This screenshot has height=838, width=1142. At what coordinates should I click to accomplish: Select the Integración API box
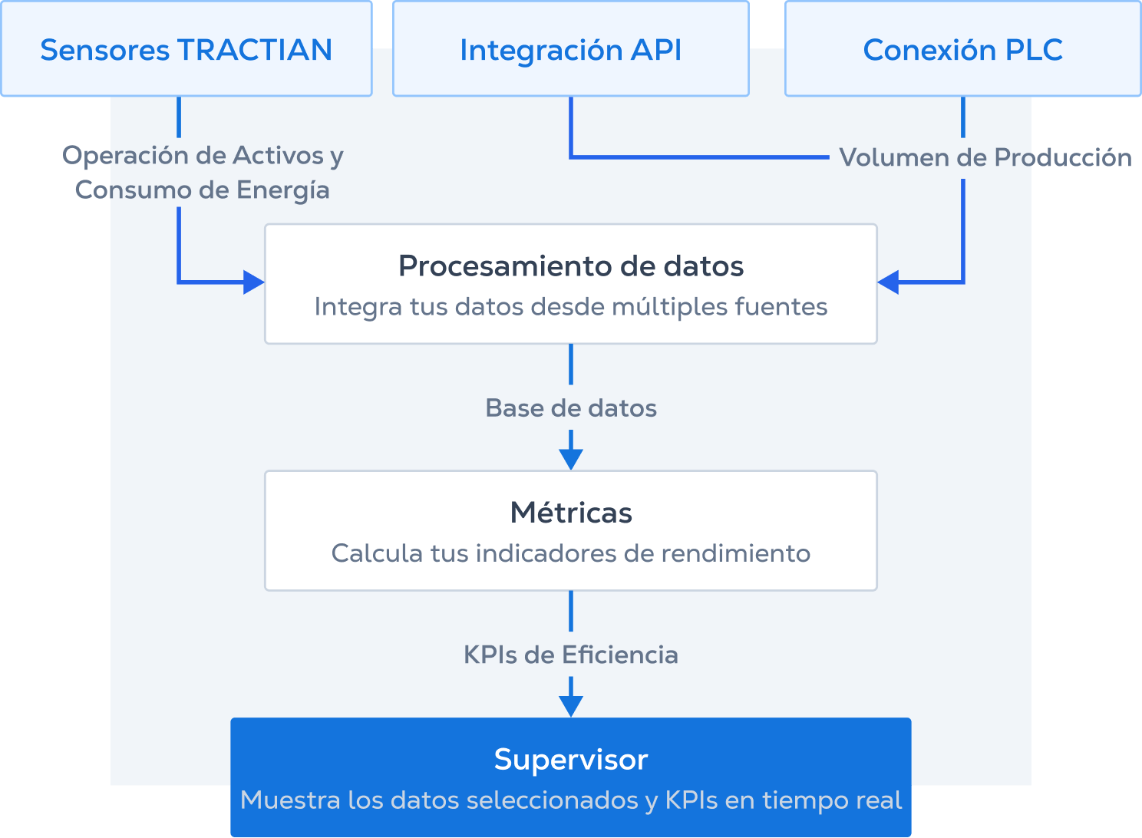pyautogui.click(x=570, y=50)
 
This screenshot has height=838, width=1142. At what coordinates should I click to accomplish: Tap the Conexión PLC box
pyautogui.click(x=962, y=50)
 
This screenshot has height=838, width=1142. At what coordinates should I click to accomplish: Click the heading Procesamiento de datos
pyautogui.click(x=570, y=266)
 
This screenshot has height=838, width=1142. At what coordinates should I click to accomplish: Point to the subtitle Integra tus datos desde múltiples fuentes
pyautogui.click(x=570, y=307)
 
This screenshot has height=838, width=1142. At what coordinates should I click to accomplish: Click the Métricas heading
pyautogui.click(x=570, y=513)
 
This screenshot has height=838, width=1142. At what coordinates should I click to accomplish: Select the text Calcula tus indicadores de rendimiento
pyautogui.click(x=570, y=553)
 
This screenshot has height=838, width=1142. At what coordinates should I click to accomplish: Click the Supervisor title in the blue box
pyautogui.click(x=570, y=760)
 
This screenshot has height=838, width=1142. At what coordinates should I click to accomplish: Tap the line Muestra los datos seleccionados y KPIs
pyautogui.click(x=570, y=800)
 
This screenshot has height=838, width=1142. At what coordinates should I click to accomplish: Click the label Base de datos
pyautogui.click(x=570, y=408)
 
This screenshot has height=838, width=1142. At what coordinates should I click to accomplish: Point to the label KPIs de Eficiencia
pyautogui.click(x=570, y=655)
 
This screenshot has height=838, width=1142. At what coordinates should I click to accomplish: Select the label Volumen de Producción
pyautogui.click(x=985, y=157)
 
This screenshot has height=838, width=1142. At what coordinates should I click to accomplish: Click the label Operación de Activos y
pyautogui.click(x=203, y=156)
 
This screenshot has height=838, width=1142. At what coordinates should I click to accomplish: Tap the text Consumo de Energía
pyautogui.click(x=203, y=190)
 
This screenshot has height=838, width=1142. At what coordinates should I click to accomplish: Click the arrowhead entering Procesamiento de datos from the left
pyautogui.click(x=253, y=282)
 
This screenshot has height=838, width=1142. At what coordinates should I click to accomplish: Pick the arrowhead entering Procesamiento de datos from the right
pyautogui.click(x=889, y=282)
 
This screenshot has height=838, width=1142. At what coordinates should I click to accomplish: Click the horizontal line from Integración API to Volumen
pyautogui.click(x=698, y=157)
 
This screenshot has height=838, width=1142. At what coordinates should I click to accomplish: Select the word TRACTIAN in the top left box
pyautogui.click(x=255, y=50)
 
